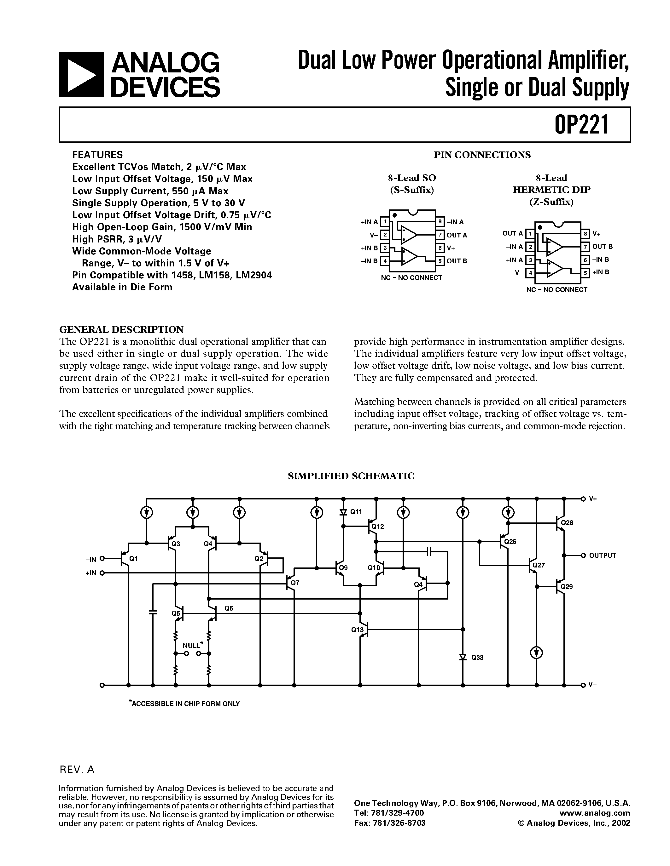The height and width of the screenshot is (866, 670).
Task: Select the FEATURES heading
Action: [97, 155]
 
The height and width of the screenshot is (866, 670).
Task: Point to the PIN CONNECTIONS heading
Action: [482, 155]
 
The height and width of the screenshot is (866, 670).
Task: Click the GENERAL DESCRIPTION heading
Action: [121, 329]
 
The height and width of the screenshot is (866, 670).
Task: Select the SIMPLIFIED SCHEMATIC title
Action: [351, 476]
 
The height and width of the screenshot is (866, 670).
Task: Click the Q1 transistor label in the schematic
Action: [133, 559]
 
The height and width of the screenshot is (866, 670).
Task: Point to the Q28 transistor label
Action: [567, 523]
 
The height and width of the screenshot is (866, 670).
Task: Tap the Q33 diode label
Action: [477, 658]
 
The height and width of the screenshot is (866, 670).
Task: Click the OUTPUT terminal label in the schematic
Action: [602, 555]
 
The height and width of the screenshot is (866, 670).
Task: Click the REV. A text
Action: [77, 770]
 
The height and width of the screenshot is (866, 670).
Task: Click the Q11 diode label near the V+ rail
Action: [356, 511]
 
